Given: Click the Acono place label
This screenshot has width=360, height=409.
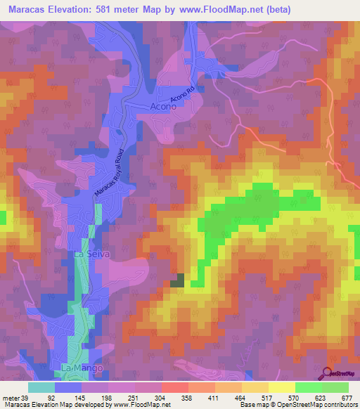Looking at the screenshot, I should (167, 107).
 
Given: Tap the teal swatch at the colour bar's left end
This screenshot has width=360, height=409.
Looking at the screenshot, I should (41, 387).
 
